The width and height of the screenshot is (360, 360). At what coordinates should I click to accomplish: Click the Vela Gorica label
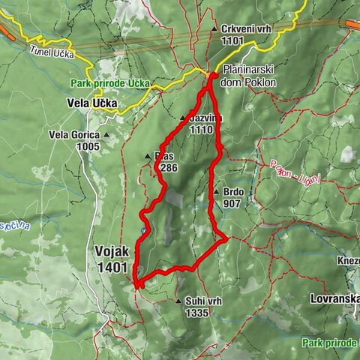tap(74, 135)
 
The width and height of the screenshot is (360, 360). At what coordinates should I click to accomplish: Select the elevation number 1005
tap(88, 146)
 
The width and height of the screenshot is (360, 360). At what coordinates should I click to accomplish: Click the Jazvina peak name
tap(206, 119)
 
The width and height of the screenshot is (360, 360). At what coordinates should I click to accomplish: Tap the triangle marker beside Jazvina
tap(182, 118)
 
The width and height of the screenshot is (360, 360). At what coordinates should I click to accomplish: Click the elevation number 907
tap(231, 202)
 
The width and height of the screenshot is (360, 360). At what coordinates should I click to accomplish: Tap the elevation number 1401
tap(112, 266)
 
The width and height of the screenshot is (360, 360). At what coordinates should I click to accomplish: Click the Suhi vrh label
tap(202, 301)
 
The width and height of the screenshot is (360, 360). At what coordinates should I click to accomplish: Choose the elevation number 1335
tap(196, 313)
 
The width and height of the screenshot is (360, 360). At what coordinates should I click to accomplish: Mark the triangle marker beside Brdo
tap(215, 191)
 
